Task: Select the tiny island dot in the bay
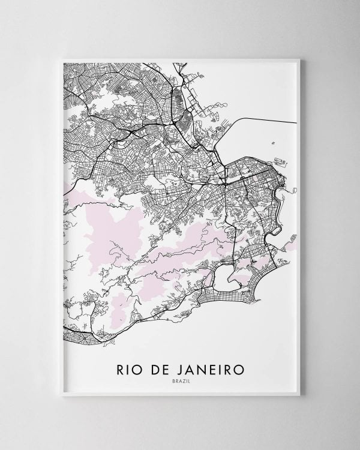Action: click(x=273, y=143)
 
